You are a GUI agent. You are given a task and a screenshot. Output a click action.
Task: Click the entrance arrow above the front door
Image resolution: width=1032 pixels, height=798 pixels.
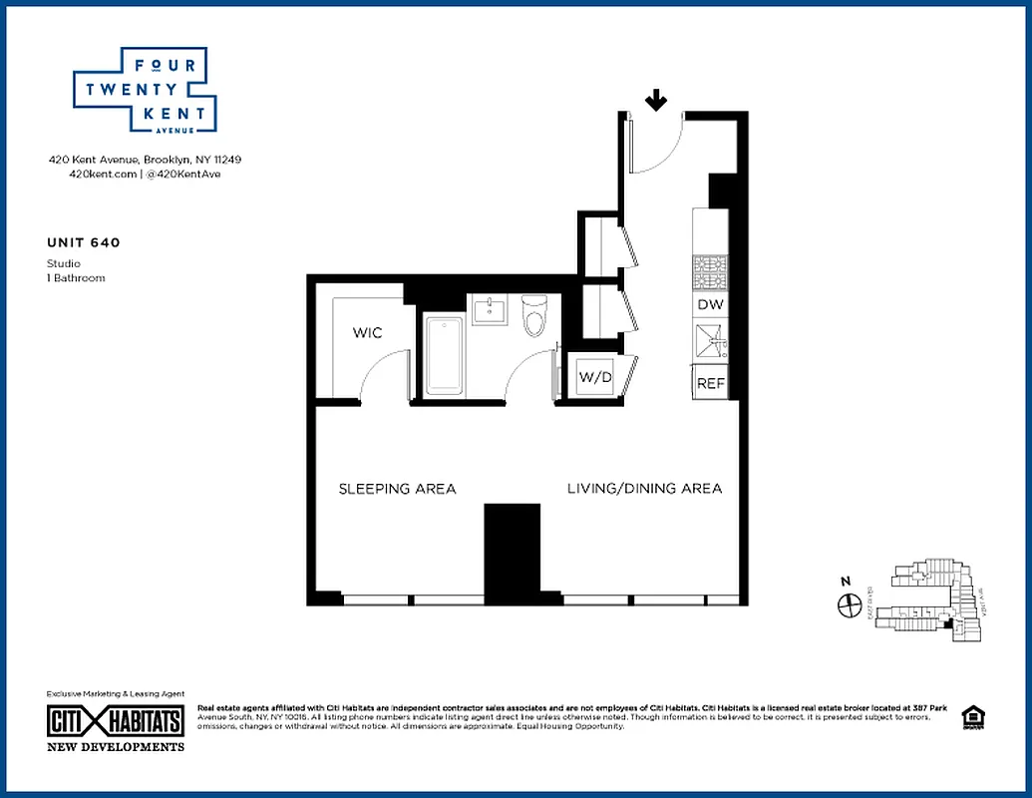(656, 100)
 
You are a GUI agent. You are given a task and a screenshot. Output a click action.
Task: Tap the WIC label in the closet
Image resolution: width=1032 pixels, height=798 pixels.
(367, 332)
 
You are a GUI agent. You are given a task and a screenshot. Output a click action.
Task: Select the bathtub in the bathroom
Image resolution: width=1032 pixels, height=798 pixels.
(443, 356)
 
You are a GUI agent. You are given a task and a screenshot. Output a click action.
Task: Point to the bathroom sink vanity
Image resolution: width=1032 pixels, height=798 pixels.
(490, 310)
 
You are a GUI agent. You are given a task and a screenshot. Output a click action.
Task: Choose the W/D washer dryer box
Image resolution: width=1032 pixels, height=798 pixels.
(594, 378)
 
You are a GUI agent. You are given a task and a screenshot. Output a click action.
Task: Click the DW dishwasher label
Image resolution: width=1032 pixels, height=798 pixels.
(710, 304)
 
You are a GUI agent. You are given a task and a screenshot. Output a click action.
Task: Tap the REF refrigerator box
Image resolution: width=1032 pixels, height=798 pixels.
(710, 383)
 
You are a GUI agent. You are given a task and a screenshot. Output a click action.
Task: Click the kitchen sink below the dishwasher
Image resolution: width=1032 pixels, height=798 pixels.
(710, 342)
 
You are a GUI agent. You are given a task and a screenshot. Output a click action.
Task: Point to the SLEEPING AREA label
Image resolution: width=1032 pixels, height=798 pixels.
(397, 489)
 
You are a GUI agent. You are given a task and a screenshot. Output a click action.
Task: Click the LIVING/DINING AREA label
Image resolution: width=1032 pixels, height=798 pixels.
(644, 489)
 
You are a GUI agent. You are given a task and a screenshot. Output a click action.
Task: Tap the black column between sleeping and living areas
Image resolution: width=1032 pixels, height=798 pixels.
(512, 553)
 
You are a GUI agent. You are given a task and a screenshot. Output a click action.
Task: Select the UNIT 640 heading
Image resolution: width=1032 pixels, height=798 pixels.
(84, 241)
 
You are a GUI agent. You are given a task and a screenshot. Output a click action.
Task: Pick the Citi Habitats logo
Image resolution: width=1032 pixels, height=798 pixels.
(116, 721)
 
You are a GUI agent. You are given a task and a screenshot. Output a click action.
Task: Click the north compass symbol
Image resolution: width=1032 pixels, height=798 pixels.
(850, 603)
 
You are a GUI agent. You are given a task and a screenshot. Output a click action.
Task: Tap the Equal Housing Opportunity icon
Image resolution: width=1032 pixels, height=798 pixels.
(970, 717)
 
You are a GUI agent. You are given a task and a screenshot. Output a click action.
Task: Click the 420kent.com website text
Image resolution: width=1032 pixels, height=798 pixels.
(92, 174)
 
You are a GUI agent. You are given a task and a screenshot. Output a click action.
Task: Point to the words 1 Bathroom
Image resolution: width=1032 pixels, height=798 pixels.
(76, 278)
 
